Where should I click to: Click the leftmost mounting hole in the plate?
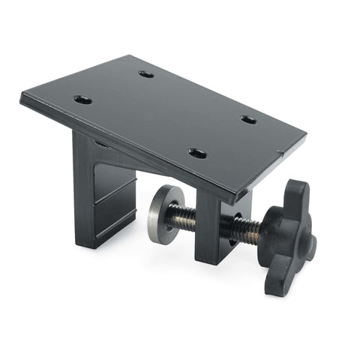pyautogui.click(x=82, y=99)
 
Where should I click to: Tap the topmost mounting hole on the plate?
pyautogui.click(x=146, y=74)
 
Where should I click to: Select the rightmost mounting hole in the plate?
pyautogui.click(x=248, y=119)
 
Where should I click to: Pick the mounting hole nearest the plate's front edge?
pyautogui.click(x=197, y=153)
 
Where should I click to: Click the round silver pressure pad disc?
pyautogui.click(x=160, y=215)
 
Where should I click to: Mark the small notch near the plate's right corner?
pyautogui.click(x=280, y=155)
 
